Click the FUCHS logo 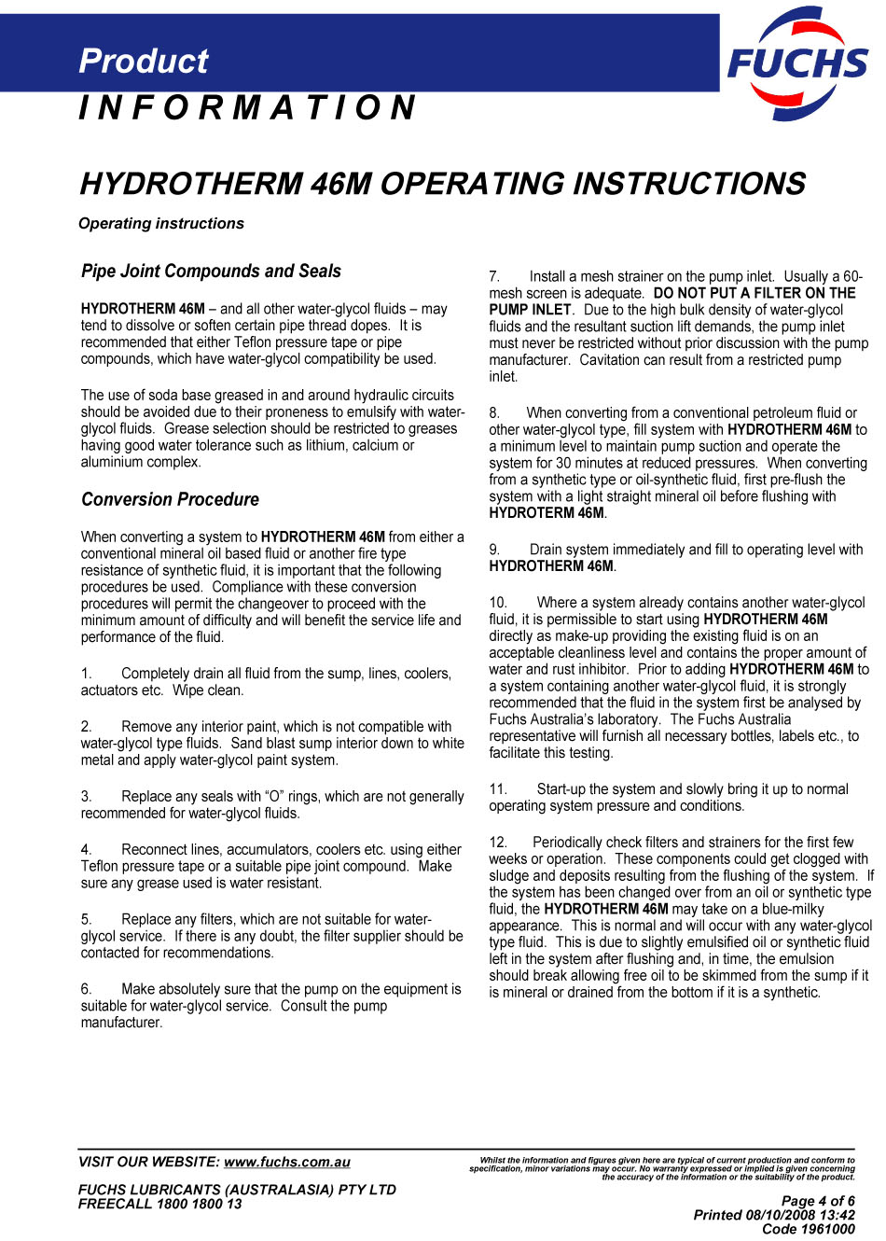pos(797,63)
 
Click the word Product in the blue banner pos(144,62)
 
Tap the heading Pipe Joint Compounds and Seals pos(211,272)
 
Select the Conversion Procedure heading pos(170,499)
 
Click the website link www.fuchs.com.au pos(287,1162)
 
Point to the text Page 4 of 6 pos(817,1201)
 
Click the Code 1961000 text pos(808,1229)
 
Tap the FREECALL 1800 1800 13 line pos(159,1204)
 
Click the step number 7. pos(494,276)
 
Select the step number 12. pos(497,842)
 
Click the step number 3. pos(86,796)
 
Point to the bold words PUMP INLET pos(530,310)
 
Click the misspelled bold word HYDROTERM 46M pos(547,513)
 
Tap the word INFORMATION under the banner pos(247,108)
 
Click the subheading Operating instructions pos(161,224)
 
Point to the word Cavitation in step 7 pos(612,360)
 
